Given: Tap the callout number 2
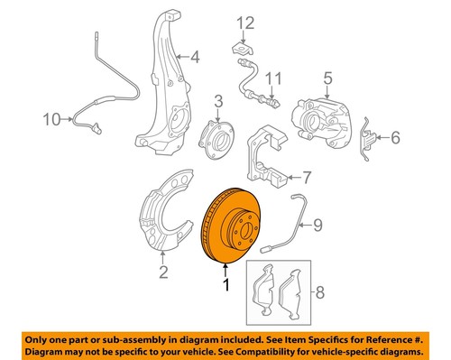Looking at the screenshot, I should click(163, 271).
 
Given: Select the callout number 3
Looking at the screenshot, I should click(218, 100).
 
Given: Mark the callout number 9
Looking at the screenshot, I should click(316, 239).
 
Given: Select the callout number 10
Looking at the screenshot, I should click(51, 117).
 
